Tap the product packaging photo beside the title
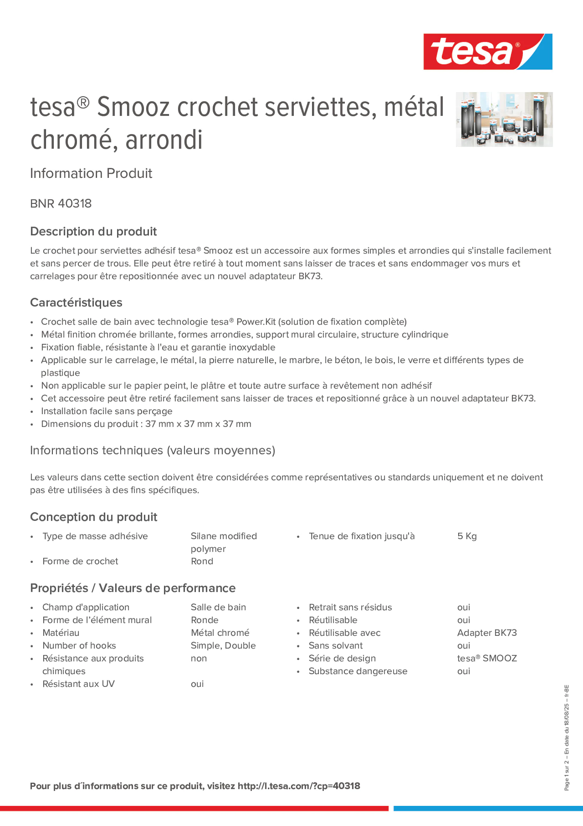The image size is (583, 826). coord(504,119)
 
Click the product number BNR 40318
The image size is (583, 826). coord(61,203)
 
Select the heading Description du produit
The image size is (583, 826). coord(93,231)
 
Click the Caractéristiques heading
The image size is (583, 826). coord(76,302)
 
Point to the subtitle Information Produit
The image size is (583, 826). coord(91,173)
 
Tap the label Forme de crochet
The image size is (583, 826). coord(80,561)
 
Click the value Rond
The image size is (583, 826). coord(202,561)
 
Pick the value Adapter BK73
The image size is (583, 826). coord(487,633)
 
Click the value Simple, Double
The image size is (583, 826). coord(223,645)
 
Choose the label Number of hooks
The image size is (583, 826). coord(79,645)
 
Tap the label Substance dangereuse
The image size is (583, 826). coord(358,671)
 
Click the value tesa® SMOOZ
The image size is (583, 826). coord(487,658)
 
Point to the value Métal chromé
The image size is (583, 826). coord(220,633)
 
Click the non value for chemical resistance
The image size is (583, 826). coord(199,658)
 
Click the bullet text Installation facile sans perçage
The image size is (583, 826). coord(107,411)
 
